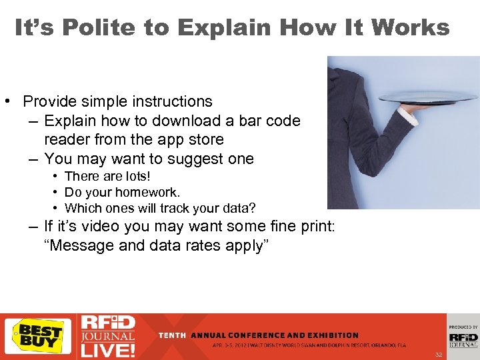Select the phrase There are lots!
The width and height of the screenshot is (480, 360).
[107, 176]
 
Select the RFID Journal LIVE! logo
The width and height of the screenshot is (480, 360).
[108, 336]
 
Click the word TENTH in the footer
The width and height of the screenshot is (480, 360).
[172, 335]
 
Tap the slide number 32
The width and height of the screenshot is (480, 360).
[438, 354]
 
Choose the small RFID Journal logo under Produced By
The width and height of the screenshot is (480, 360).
[463, 339]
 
